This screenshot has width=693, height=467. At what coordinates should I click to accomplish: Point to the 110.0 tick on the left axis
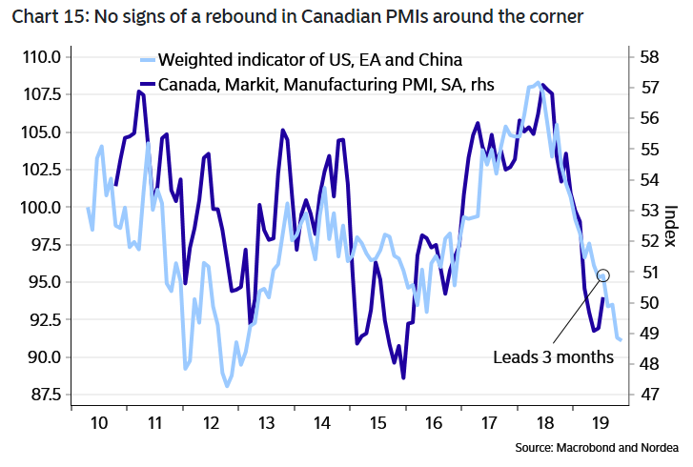click(x=40, y=57)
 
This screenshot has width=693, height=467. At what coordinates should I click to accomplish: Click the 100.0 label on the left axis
click(x=40, y=208)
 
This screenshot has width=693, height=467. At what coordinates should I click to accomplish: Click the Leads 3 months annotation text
click(x=552, y=358)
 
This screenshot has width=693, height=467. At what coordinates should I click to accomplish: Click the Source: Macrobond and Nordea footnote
click(x=596, y=447)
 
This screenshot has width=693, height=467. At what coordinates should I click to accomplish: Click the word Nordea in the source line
click(x=659, y=447)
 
